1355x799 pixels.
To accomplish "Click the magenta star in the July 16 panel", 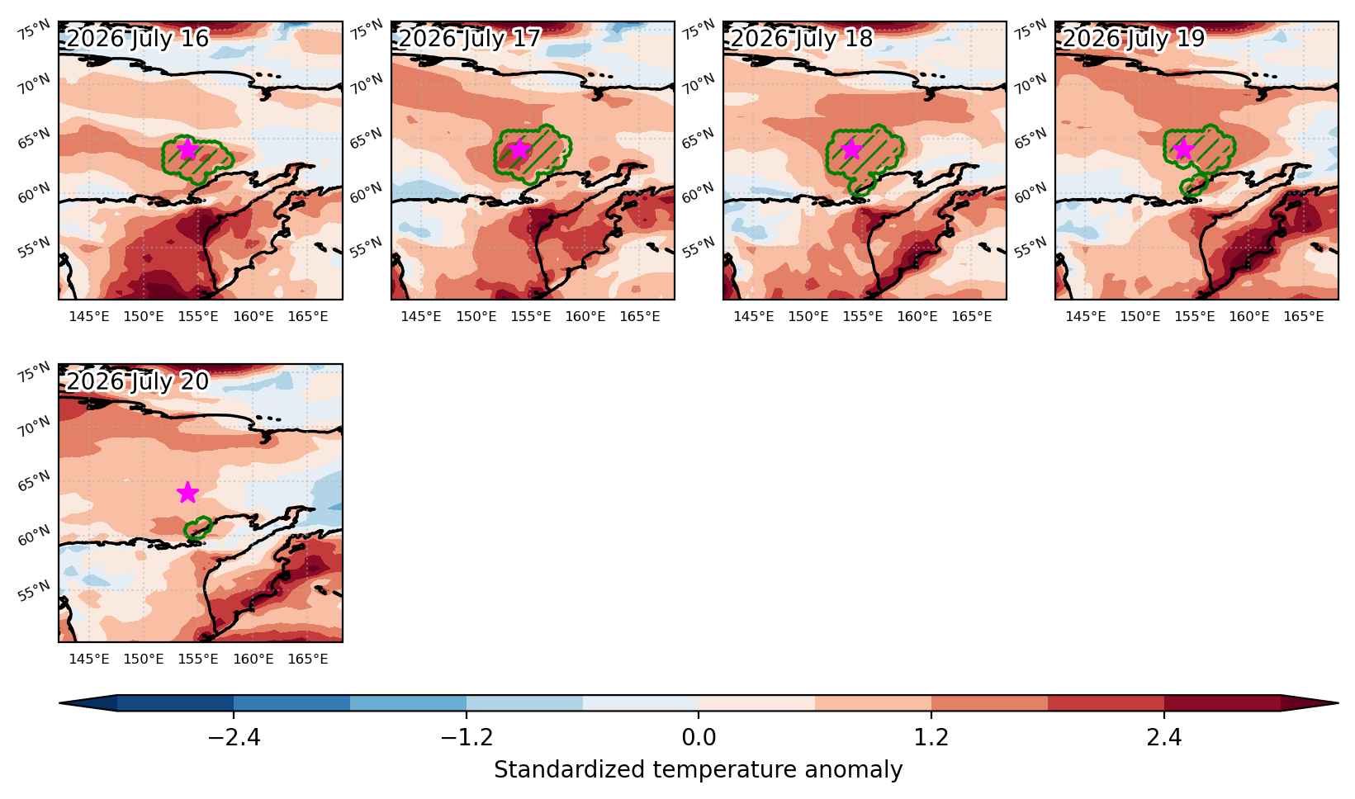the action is (187, 149).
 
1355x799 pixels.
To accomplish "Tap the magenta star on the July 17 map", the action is (519, 149).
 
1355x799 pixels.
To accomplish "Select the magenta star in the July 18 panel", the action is (851, 149).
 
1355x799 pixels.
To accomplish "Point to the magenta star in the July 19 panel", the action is (1183, 149).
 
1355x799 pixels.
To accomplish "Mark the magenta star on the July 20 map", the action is (187, 492).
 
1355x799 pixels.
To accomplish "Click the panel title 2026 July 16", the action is (137, 39).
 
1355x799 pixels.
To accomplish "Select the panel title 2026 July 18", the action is (802, 39).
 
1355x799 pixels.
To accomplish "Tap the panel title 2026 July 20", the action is (137, 381).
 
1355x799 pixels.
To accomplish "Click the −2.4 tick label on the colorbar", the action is (234, 737).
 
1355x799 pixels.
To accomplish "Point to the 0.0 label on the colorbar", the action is (699, 737).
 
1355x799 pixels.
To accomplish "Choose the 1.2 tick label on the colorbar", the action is (931, 737).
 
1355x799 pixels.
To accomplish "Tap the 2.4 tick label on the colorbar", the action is (1164, 737).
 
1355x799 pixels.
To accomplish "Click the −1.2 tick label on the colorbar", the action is (467, 737).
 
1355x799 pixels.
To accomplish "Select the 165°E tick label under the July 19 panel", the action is (1304, 316).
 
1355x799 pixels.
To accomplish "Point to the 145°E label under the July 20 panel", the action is (89, 659).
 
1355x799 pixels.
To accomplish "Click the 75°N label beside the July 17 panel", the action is (367, 30).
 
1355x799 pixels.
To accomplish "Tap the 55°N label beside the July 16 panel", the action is (35, 248).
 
